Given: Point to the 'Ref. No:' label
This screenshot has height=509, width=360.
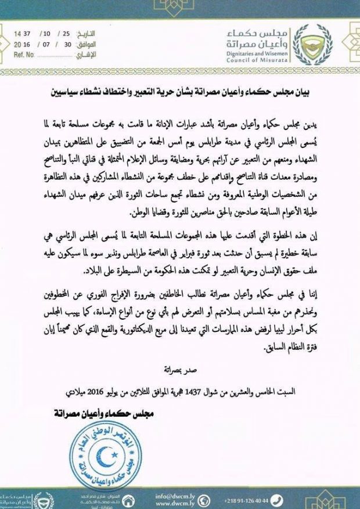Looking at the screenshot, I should [x=23, y=56].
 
